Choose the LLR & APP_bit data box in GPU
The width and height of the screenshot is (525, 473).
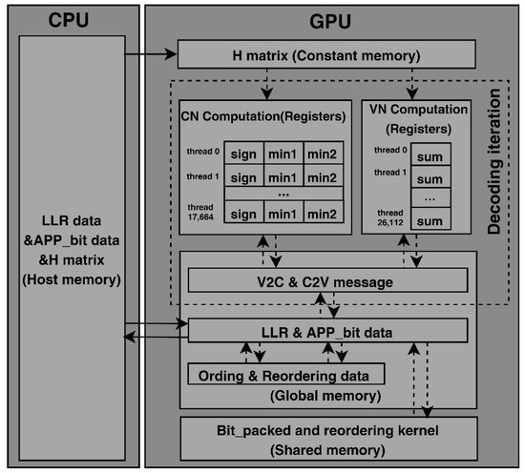[x=327, y=331]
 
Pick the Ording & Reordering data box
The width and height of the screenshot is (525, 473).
[x=286, y=374]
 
